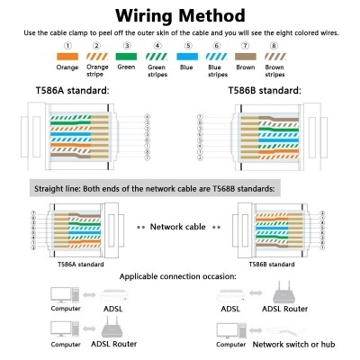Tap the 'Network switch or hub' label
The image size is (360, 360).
click(304, 344)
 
